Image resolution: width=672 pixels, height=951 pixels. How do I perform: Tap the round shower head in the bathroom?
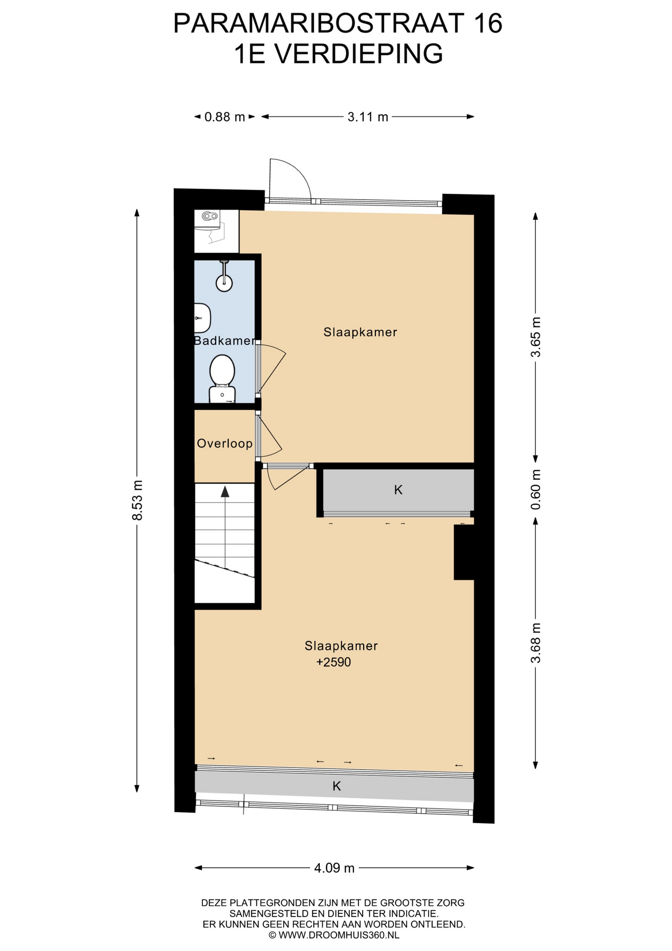click(224, 283)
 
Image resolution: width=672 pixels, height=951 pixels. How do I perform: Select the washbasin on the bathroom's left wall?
click(202, 317)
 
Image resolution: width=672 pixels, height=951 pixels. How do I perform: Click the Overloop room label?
click(225, 443)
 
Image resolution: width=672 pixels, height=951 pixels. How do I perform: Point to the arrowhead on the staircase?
click(225, 491)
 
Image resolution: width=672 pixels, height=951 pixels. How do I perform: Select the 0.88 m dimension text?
click(225, 117)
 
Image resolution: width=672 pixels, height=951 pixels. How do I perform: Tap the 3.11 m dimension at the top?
click(368, 117)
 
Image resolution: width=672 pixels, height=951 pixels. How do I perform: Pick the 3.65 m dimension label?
click(535, 337)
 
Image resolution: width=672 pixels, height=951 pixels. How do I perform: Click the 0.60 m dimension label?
click(535, 489)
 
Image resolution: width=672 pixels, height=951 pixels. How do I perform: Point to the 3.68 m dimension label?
click(535, 643)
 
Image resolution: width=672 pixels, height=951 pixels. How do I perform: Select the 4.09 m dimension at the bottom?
click(335, 868)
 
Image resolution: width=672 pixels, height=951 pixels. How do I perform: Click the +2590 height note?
click(334, 662)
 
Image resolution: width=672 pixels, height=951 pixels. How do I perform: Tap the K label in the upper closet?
click(398, 490)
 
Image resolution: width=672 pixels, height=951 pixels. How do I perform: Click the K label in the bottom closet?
click(337, 786)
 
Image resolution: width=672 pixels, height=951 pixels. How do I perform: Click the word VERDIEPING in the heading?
click(359, 53)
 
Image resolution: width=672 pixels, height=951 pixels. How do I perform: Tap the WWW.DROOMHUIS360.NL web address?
click(339, 935)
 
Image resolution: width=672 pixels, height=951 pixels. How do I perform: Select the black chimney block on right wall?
click(464, 552)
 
